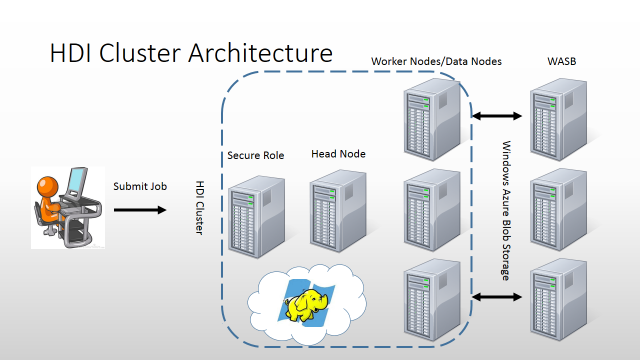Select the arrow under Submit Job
pyautogui.click(x=140, y=210)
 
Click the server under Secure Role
pyautogui.click(x=255, y=214)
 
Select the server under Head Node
pyautogui.click(x=338, y=214)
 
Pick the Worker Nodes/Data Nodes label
pyautogui.click(x=436, y=62)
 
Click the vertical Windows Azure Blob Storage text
pyautogui.click(x=506, y=209)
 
